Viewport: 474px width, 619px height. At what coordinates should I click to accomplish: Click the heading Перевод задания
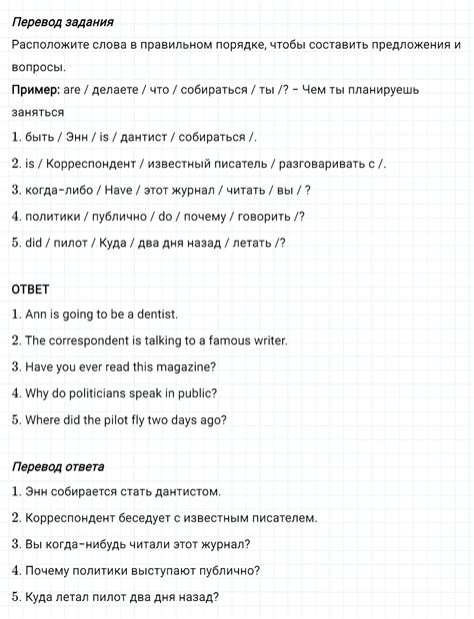62,21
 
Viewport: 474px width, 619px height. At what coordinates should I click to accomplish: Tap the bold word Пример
34,89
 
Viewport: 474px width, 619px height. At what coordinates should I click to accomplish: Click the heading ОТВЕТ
30,289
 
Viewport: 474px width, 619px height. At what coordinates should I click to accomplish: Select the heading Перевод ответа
58,466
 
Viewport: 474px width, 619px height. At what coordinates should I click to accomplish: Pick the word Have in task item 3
104,190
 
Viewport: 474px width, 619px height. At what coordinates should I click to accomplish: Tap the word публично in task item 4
123,216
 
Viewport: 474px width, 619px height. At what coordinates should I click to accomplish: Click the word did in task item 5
33,242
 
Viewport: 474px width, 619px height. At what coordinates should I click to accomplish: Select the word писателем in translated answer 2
274,518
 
